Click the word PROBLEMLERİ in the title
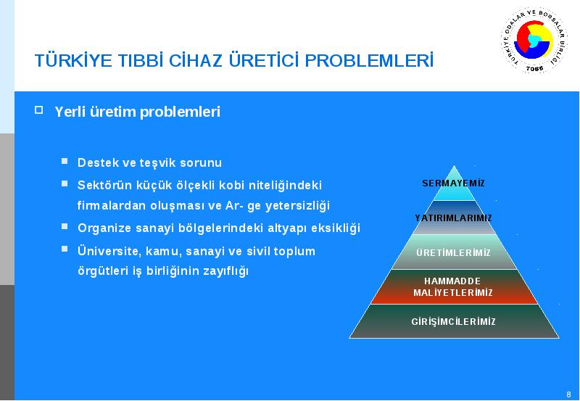tap(369, 61)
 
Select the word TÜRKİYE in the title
tap(73, 60)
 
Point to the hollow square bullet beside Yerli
tap(39, 109)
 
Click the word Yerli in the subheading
tap(70, 112)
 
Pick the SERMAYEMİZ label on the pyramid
tap(454, 183)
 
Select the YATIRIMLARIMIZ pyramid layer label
tap(454, 218)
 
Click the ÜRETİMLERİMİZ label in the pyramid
tap(454, 252)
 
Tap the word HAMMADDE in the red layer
tap(452, 281)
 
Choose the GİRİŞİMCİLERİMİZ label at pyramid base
tap(454, 321)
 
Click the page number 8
tap(568, 394)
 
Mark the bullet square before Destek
tap(65, 161)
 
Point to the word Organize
tap(104, 228)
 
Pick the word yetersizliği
tap(297, 206)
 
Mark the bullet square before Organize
tap(65, 226)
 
